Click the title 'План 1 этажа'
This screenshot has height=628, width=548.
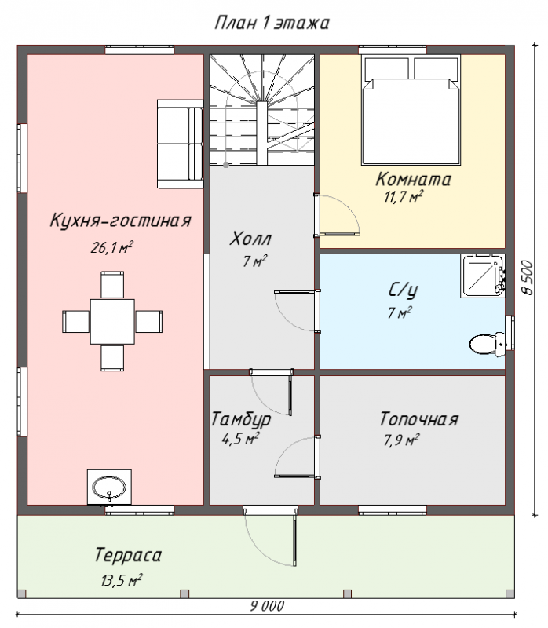(272, 23)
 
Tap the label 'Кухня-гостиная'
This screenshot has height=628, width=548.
(121, 221)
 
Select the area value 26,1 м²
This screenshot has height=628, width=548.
(111, 247)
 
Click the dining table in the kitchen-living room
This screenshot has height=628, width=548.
(112, 322)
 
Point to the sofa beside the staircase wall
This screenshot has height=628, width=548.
(180, 144)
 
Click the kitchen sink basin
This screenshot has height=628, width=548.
(109, 487)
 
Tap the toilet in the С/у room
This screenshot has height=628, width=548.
(487, 344)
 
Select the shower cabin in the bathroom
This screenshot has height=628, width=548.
(483, 276)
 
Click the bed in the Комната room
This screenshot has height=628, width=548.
(411, 110)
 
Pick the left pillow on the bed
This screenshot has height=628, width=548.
(386, 68)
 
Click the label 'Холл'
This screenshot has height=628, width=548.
(250, 239)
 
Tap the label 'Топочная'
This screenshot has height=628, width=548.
(418, 419)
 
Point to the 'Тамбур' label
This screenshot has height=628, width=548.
(241, 419)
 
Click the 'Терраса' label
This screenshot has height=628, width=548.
(128, 556)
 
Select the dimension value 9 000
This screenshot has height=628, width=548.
(267, 606)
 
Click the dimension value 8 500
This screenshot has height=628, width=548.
(528, 278)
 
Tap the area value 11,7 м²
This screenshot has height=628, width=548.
(404, 197)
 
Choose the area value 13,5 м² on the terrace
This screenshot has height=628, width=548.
(122, 580)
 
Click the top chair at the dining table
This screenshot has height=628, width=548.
(112, 285)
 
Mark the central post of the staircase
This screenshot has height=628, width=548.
(261, 133)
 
